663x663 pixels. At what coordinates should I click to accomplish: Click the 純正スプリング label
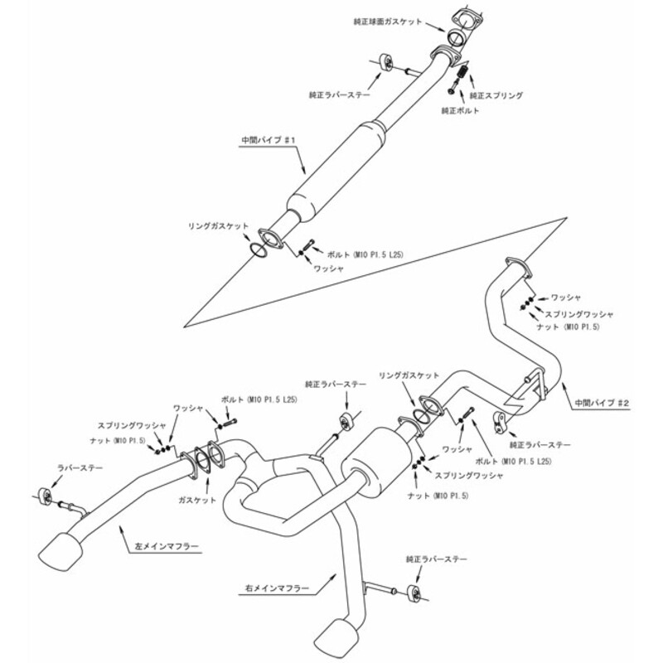click(x=496, y=96)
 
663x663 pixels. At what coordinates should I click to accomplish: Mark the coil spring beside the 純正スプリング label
click(x=462, y=75)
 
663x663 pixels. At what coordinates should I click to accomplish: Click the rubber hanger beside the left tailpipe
click(x=46, y=496)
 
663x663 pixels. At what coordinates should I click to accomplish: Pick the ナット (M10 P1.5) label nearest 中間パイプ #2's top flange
click(x=573, y=328)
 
